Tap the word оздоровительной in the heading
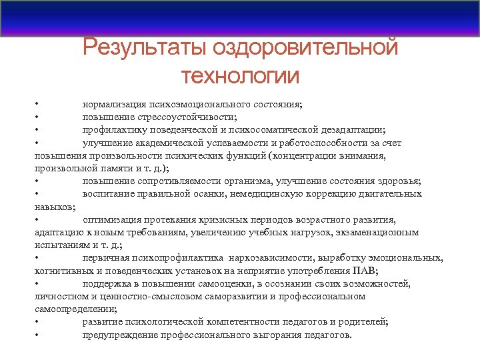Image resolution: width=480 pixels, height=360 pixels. pos(306,49)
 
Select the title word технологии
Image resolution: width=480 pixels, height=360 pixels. pos(240,75)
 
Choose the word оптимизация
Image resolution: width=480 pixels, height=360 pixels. pos(112,219)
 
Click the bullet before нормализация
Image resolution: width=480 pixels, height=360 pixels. pos(39,105)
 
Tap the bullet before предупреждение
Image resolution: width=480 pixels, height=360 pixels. pos(39,335)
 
